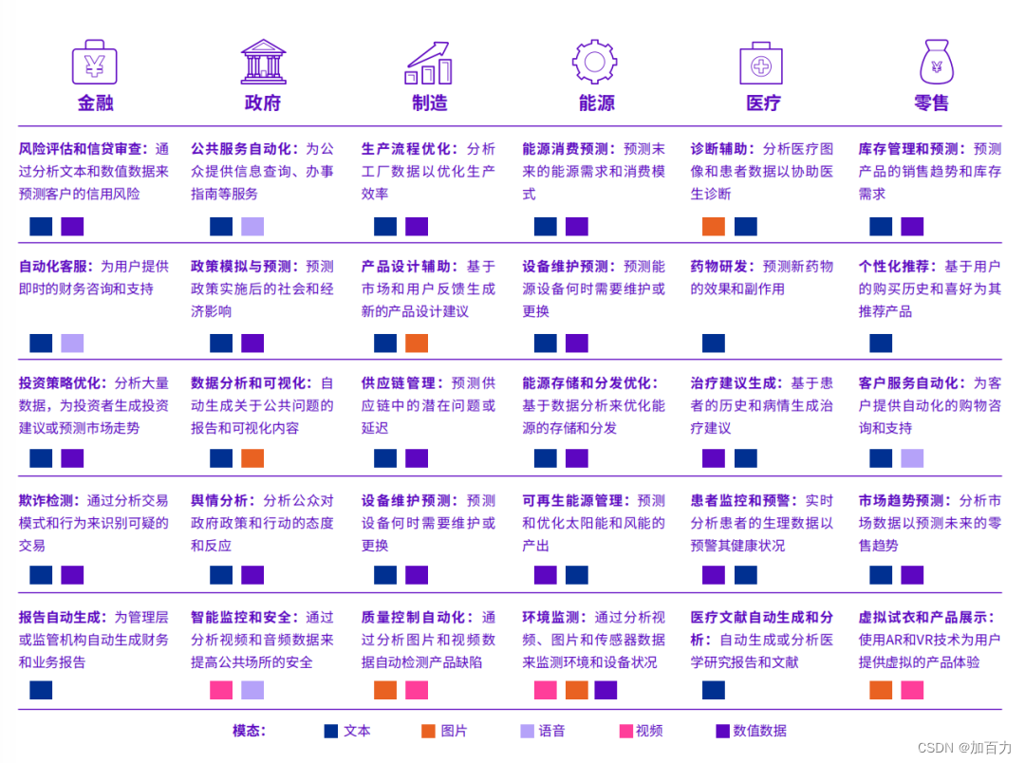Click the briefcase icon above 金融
pyautogui.click(x=95, y=63)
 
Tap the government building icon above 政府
pyautogui.click(x=263, y=63)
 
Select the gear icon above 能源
pyautogui.click(x=595, y=63)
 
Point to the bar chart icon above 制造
pyautogui.click(x=429, y=63)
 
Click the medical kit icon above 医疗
pyautogui.click(x=761, y=63)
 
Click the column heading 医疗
pyautogui.click(x=763, y=102)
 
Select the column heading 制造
pyautogui.click(x=430, y=102)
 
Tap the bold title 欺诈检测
pyautogui.click(x=50, y=500)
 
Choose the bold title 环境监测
pyautogui.click(x=554, y=618)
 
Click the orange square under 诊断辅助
pyautogui.click(x=714, y=227)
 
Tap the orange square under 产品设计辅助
pyautogui.click(x=417, y=344)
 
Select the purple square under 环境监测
pyautogui.click(x=606, y=690)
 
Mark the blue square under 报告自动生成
pyautogui.click(x=41, y=690)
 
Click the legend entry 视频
pyautogui.click(x=641, y=731)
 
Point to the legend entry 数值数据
pyautogui.click(x=752, y=731)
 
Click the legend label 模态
pyautogui.click(x=249, y=731)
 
